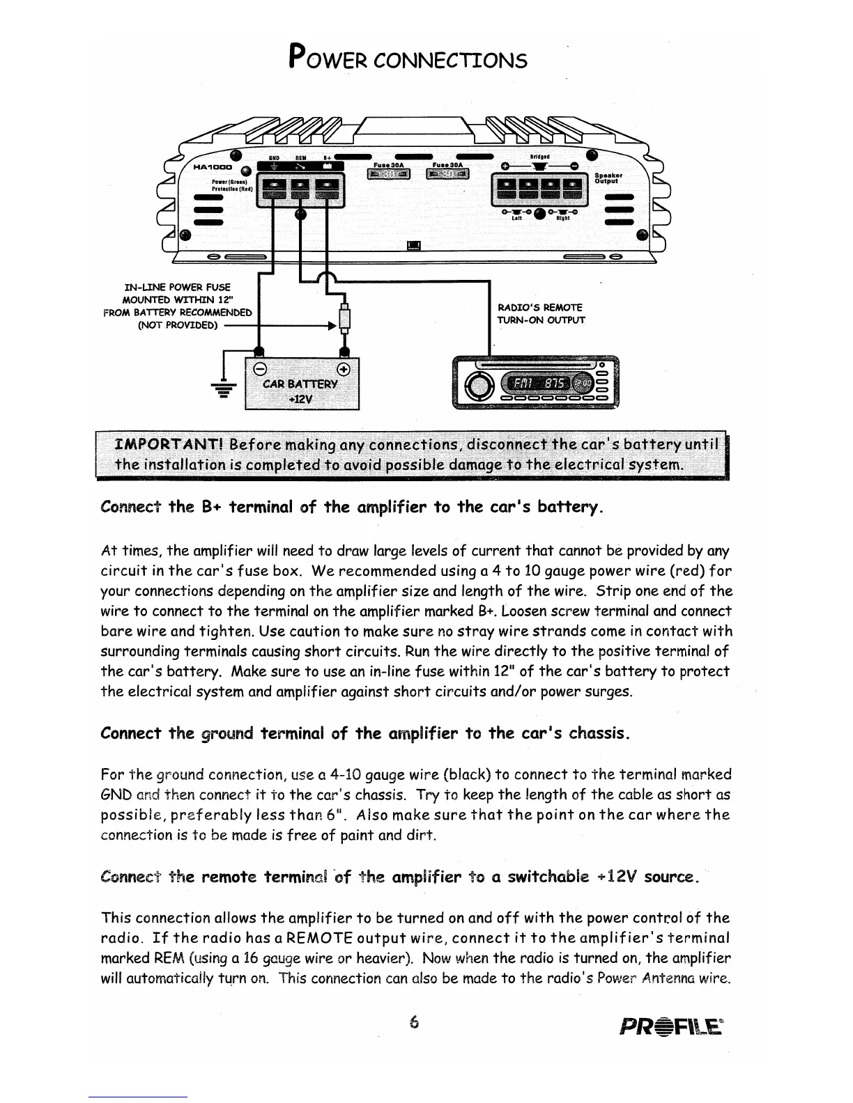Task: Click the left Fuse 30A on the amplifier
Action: (x=389, y=172)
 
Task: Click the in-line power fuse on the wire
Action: (x=344, y=321)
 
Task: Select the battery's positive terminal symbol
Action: (x=344, y=368)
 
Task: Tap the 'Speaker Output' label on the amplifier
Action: (x=608, y=179)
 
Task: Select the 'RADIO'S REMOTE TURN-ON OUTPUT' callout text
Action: (x=540, y=313)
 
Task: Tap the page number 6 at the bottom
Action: (x=415, y=1022)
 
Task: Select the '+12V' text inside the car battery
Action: (x=301, y=400)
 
